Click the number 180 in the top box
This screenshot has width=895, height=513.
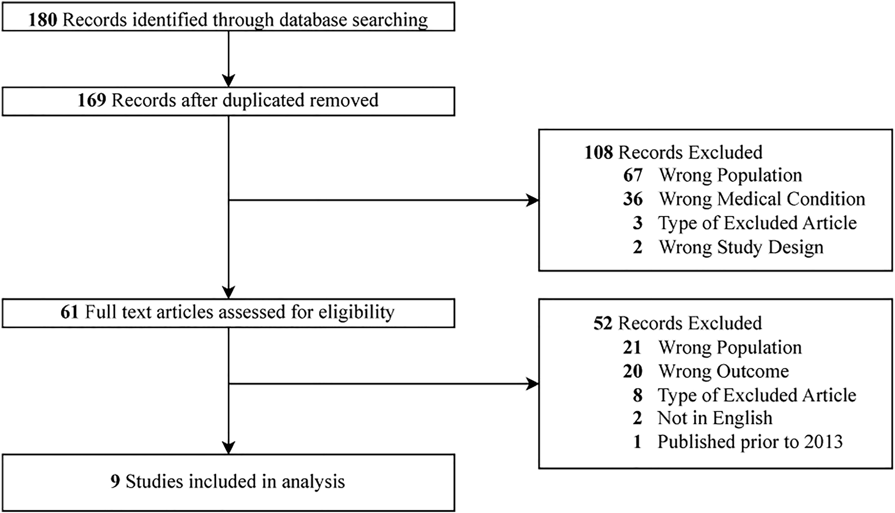coord(43,20)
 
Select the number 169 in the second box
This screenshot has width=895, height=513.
coord(92,100)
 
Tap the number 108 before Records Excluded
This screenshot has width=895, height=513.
coord(598,152)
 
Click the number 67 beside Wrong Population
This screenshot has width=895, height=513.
coord(633,175)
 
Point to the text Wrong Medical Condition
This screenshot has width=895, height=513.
coord(762,199)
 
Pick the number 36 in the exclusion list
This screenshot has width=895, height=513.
coord(633,199)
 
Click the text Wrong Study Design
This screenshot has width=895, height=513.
coord(741,247)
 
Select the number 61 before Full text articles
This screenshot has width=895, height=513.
coord(69,312)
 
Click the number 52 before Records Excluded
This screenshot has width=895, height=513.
coord(603,323)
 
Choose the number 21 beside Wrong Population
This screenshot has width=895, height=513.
coord(632,347)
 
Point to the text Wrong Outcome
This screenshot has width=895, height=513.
coord(724,371)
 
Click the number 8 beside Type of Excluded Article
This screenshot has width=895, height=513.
coord(638,395)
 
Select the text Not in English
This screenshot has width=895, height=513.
coord(715,418)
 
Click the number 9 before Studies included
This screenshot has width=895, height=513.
coord(115,482)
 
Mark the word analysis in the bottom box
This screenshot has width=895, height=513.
coord(313,482)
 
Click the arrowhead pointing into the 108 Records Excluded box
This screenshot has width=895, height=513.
coord(533,200)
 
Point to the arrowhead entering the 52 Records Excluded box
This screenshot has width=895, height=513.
coord(533,384)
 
